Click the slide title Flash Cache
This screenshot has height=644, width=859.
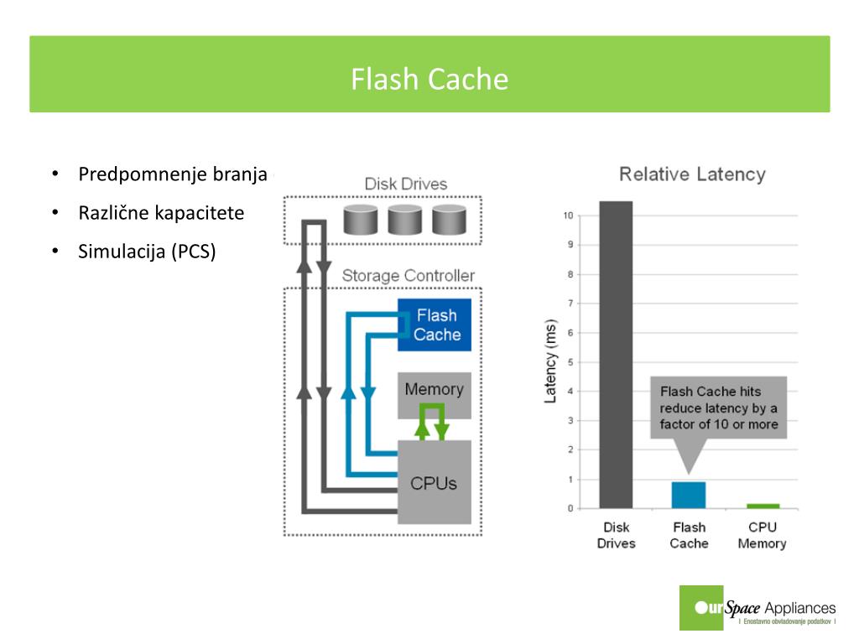pos(429,79)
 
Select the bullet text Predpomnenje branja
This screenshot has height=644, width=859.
pos(173,174)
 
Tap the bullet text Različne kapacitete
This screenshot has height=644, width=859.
pos(161,212)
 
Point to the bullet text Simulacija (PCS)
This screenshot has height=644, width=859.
pos(147,252)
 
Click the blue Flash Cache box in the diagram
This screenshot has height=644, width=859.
pos(435,325)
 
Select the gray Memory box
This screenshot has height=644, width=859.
pos(435,396)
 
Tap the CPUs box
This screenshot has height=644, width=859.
pos(435,482)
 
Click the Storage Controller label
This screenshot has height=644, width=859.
pos(409,275)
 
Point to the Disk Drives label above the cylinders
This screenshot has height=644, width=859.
pos(406,184)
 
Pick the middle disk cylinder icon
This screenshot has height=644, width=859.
pos(405,220)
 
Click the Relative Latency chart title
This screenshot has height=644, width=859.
pos(692,174)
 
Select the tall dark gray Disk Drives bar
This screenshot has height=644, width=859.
pos(616,355)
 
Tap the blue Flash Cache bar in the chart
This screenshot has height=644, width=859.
pos(689,495)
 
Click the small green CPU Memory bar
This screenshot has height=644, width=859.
pos(763,506)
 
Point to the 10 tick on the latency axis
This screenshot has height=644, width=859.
pos(568,216)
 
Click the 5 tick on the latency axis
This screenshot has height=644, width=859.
pos(570,362)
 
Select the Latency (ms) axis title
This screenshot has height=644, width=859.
pos(550,361)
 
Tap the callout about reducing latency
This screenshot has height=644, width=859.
pos(719,408)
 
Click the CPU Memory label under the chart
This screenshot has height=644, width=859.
pos(762,535)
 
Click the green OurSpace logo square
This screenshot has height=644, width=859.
pos(701,608)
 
